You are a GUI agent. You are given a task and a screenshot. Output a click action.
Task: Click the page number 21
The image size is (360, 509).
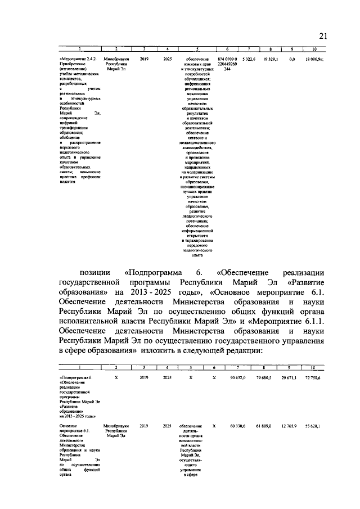[x=323, y=36]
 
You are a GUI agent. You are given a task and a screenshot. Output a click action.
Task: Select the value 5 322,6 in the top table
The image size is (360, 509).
[x=249, y=58]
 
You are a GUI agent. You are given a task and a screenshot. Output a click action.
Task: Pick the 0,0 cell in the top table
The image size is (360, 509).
[x=292, y=58]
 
